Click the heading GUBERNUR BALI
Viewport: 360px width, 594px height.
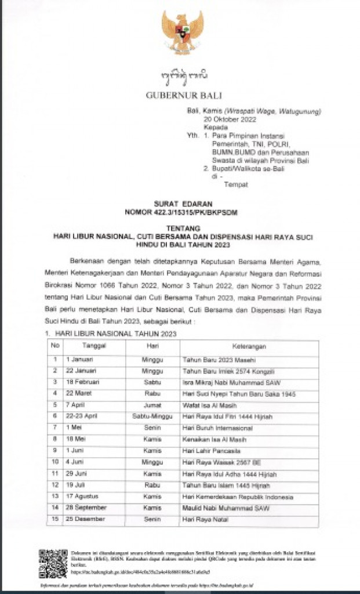(184, 96)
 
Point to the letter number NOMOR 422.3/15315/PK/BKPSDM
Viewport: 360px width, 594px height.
(181, 212)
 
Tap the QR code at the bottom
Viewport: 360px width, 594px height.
(53, 563)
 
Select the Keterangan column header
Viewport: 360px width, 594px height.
(249, 347)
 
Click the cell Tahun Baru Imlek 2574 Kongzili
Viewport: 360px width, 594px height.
(224, 371)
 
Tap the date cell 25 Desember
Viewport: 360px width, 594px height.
(86, 519)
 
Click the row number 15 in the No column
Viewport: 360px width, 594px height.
(56, 519)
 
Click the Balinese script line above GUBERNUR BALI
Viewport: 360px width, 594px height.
(183, 76)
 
